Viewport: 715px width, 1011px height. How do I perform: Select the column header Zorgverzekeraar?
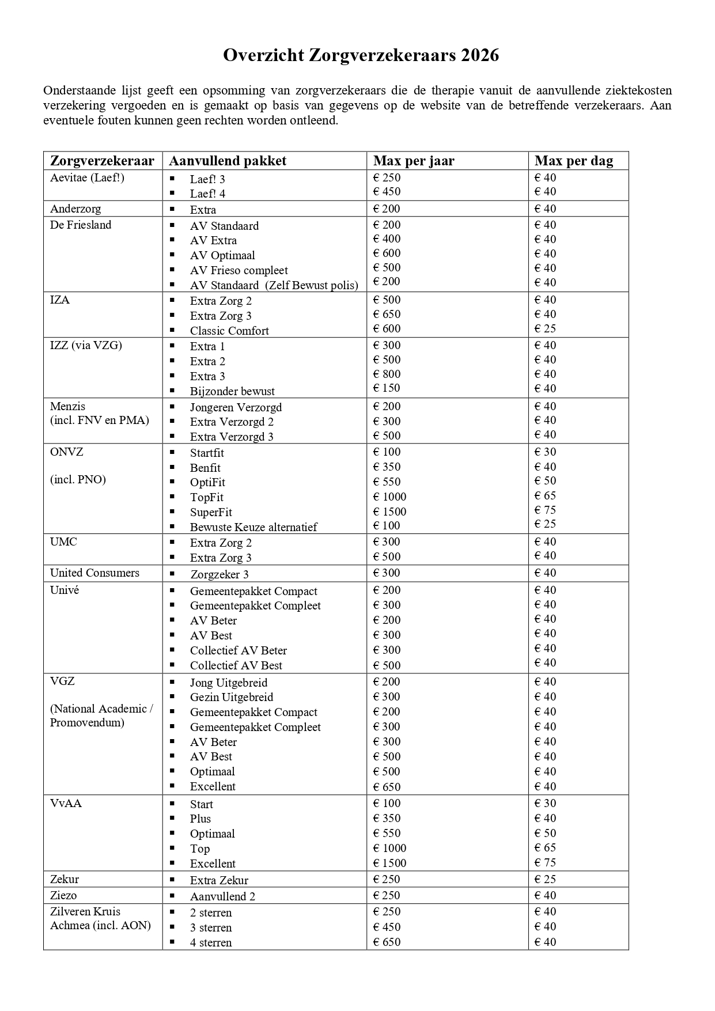102,161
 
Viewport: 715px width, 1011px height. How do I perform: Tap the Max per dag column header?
573,161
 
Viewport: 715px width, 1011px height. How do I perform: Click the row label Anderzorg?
75,209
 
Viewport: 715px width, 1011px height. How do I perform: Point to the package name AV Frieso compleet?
239,270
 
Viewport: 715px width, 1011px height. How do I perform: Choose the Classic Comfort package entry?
229,331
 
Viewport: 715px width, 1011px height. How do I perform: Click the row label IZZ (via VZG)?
86,345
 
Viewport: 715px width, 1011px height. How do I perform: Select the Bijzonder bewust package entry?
232,391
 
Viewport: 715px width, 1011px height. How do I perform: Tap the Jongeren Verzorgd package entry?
236,407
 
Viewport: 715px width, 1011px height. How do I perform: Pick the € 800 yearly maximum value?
387,374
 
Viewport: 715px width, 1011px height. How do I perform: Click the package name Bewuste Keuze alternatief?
254,527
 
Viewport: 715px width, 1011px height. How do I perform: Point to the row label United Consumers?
94,573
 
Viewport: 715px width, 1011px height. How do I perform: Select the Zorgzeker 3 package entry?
220,574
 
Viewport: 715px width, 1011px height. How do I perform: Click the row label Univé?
65,590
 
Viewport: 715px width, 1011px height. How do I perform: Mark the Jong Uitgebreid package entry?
229,683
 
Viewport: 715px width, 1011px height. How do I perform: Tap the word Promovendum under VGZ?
87,722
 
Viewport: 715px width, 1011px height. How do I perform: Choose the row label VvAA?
66,803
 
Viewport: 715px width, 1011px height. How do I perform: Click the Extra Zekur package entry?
219,880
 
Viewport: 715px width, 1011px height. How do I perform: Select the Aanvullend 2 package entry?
222,896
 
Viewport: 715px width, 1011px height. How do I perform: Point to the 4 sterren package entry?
211,943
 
